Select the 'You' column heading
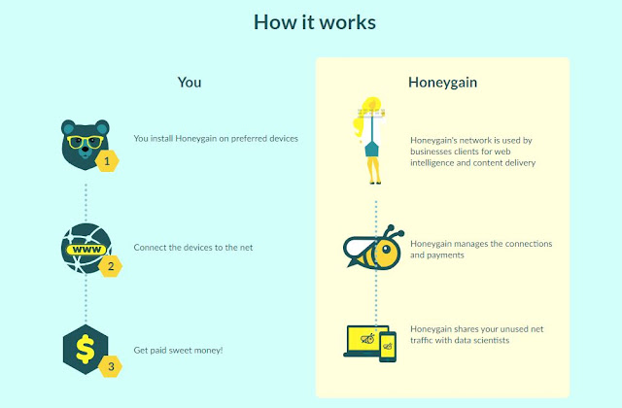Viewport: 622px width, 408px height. point(190,83)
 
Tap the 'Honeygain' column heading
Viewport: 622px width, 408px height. point(442,83)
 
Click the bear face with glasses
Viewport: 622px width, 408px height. point(82,141)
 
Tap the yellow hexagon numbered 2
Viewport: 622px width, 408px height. point(110,266)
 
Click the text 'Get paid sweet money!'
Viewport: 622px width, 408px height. point(179,350)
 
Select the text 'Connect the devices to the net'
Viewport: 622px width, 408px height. point(193,248)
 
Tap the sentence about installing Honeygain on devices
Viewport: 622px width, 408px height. point(216,138)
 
